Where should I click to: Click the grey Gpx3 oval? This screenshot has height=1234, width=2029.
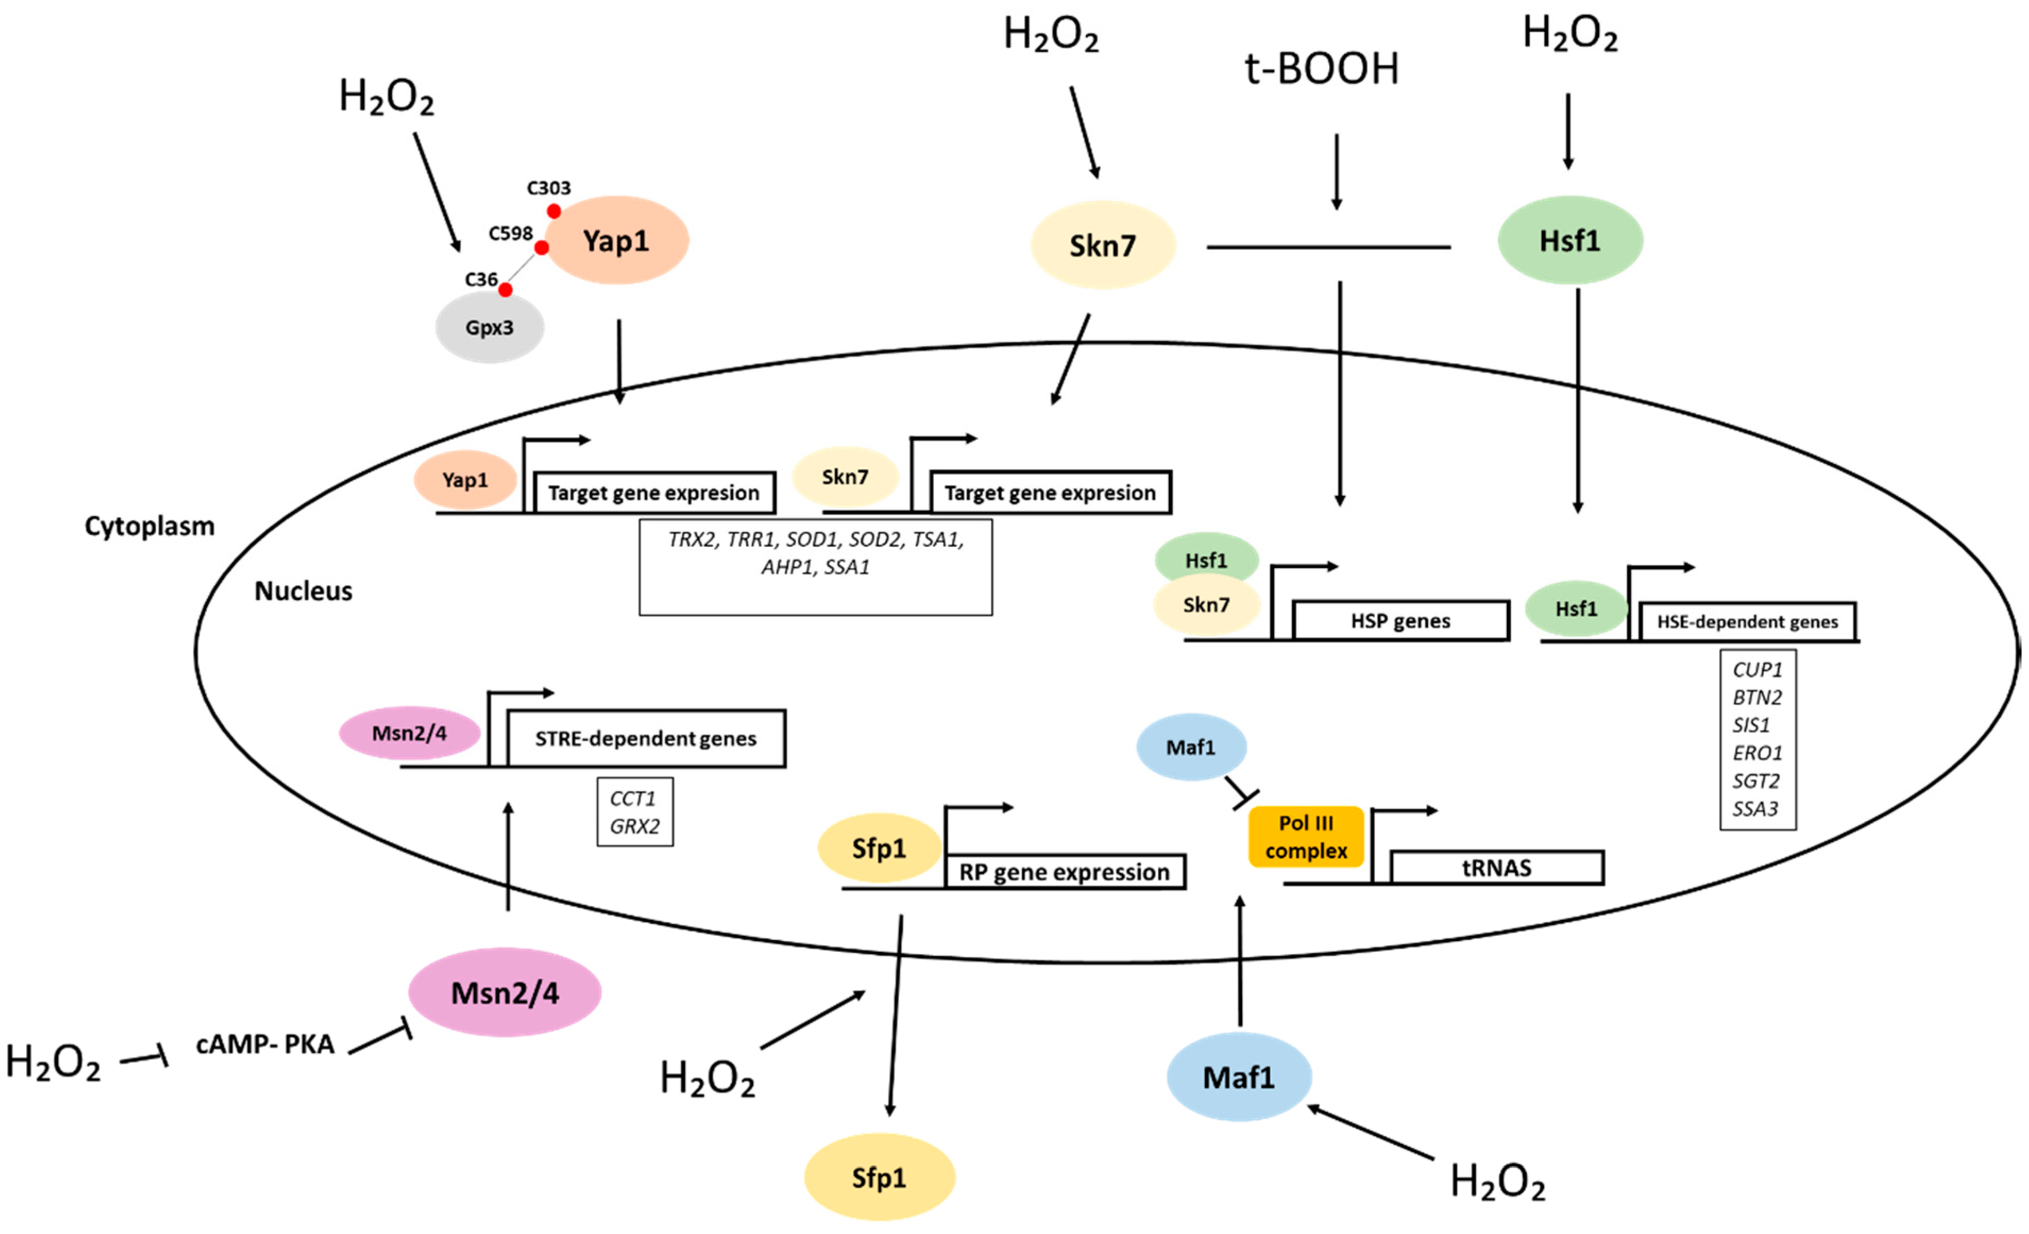point(490,328)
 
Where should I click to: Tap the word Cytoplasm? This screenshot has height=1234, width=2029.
point(150,526)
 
